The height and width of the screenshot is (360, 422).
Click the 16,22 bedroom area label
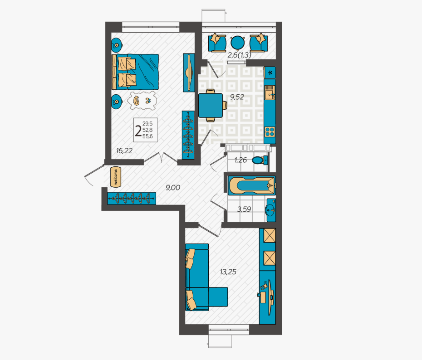(x=124, y=151)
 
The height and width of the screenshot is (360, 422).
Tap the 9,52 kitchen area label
(x=237, y=97)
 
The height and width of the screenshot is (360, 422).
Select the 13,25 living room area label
(x=228, y=272)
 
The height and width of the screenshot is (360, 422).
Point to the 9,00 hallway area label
(x=173, y=187)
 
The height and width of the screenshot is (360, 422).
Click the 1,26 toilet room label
(x=240, y=160)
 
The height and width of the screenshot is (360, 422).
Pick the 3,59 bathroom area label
(x=244, y=209)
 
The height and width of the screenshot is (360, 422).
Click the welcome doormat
(x=116, y=177)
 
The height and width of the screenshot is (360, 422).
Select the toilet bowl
(x=260, y=161)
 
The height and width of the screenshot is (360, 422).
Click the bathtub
(x=252, y=185)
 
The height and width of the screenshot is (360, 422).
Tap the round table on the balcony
(x=238, y=43)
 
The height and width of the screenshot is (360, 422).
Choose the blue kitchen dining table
(x=211, y=105)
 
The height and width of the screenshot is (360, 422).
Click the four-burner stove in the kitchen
(x=270, y=132)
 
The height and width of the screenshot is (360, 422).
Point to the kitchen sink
(x=270, y=92)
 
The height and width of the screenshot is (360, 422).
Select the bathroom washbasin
(x=270, y=210)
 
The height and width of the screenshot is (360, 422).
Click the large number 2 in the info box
(x=138, y=131)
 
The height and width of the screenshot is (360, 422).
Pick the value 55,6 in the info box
(x=147, y=136)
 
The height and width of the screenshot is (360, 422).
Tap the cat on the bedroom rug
(x=136, y=101)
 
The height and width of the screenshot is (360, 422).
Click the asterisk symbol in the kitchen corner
(x=270, y=73)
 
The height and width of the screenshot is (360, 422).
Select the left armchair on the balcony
(x=217, y=43)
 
